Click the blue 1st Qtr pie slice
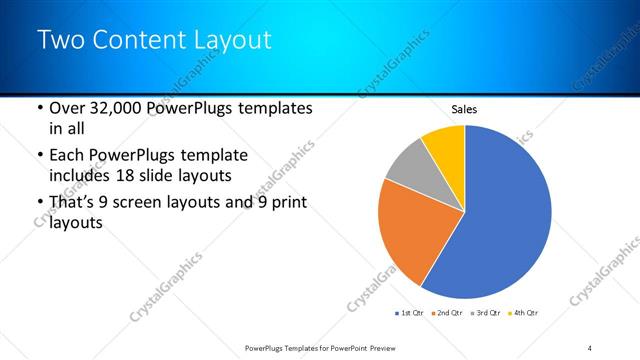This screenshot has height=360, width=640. (505, 220)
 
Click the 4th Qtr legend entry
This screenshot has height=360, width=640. (524, 314)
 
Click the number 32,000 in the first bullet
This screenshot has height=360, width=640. (128, 108)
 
